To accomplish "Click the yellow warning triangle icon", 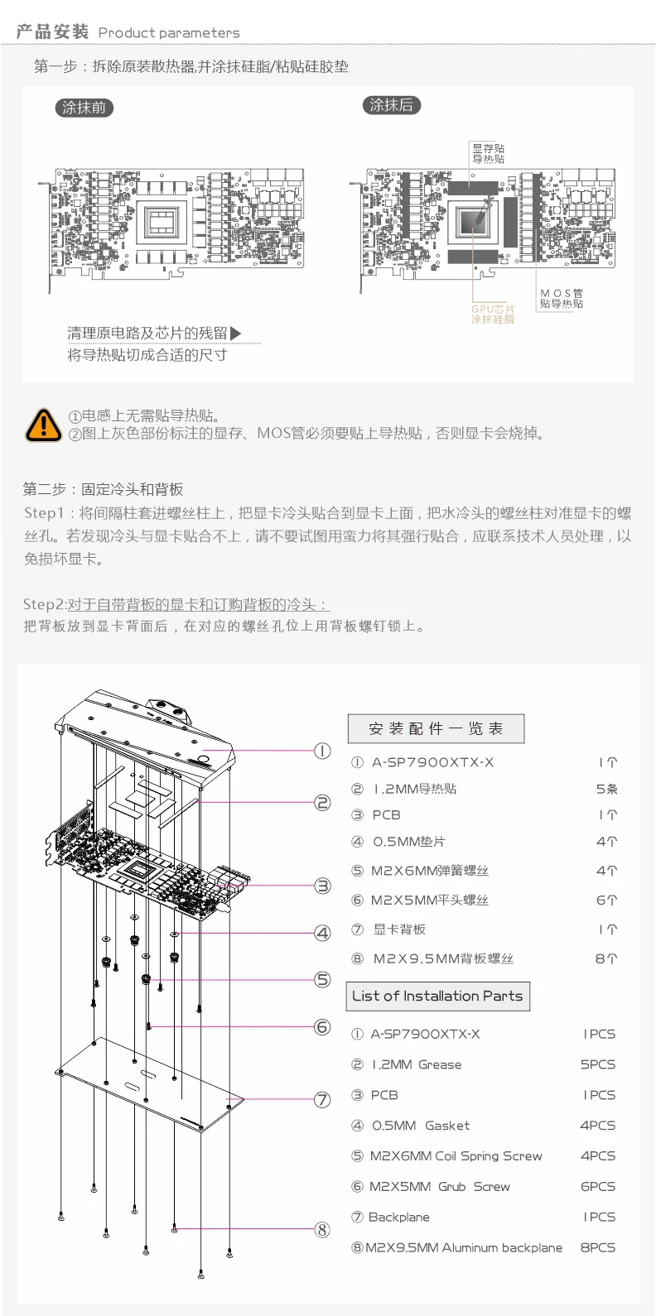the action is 43,425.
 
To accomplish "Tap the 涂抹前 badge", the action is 84,108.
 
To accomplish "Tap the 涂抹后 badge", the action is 391,105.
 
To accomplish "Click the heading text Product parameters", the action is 169,33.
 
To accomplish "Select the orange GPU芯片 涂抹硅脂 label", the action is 493,314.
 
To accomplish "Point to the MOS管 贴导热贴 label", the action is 562,299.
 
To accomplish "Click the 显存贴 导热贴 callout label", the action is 489,153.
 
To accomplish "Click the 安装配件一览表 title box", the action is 436,728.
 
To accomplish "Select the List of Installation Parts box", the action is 437,996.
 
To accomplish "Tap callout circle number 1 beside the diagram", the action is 322,752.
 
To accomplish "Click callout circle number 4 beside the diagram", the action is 322,933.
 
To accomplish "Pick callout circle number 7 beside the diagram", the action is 322,1100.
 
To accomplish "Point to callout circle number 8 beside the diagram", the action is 322,1229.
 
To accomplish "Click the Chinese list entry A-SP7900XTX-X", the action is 432,762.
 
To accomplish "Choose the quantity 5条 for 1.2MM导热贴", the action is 606,789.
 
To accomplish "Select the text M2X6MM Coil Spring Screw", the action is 456,1156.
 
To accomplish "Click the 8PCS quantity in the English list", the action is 597,1247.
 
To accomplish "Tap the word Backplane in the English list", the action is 398,1217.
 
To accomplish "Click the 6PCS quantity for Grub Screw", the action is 597,1186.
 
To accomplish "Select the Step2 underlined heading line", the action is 176,604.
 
